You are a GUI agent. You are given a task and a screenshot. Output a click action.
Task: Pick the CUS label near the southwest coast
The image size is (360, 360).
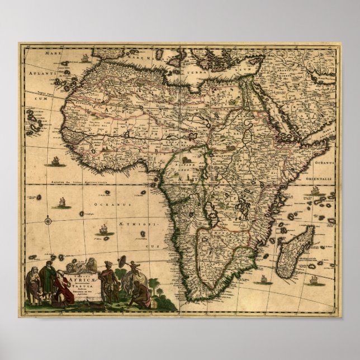coord(155,245)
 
